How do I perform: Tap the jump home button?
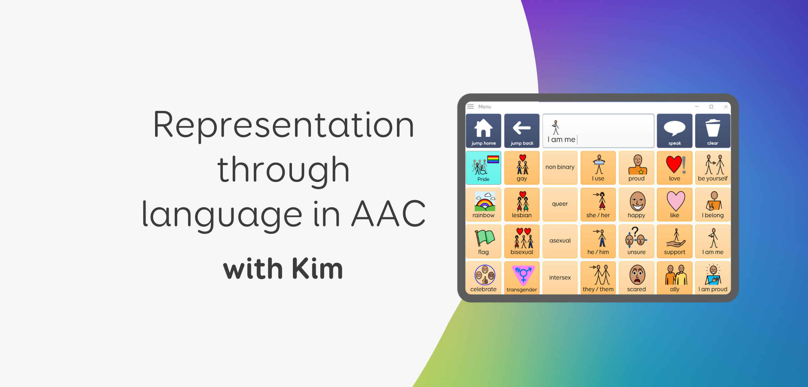click(483, 130)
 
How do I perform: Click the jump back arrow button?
click(522, 130)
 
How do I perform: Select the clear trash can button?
click(713, 130)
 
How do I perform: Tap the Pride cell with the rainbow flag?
click(483, 168)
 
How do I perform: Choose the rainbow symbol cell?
click(483, 204)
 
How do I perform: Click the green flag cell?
click(483, 241)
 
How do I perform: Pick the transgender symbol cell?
click(522, 278)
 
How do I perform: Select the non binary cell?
click(560, 168)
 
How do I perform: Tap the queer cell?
click(560, 204)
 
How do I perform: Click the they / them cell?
click(598, 278)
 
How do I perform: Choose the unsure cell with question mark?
click(636, 241)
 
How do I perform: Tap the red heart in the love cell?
click(674, 164)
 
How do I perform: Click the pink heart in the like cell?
click(676, 201)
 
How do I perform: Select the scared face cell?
click(636, 278)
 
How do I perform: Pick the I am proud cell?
click(713, 278)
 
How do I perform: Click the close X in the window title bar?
click(726, 107)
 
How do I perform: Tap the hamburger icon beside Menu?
click(470, 107)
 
